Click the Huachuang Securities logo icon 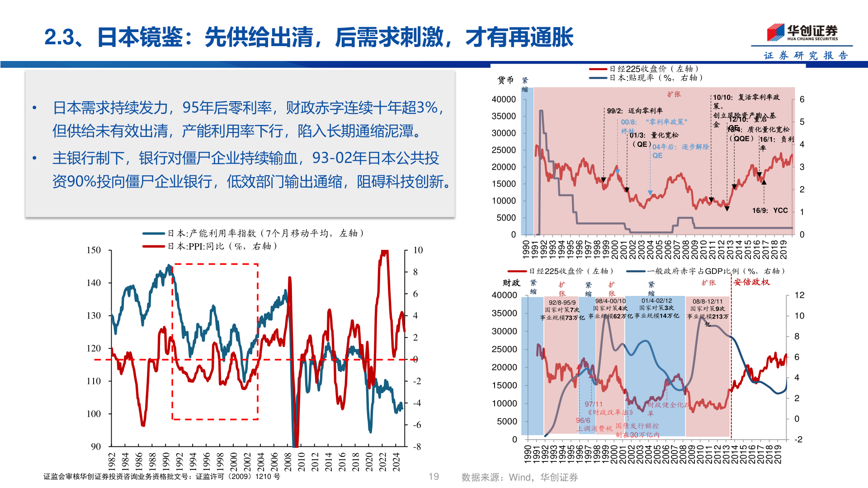click(776, 32)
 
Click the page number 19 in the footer click(434, 477)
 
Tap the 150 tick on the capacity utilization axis click(94, 250)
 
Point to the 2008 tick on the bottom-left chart click(288, 461)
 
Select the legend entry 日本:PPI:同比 click(222, 246)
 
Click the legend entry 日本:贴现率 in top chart click(656, 78)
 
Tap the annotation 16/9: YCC click(770, 211)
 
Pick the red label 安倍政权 click(751, 282)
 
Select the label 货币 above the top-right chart click(505, 80)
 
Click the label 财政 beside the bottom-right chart click(511, 283)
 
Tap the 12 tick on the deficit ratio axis click(799, 295)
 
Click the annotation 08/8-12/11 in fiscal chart click(708, 301)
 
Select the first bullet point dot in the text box click(34, 108)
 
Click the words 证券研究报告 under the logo click(806, 56)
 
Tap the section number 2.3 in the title click(59, 37)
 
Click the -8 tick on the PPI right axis click(417, 446)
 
